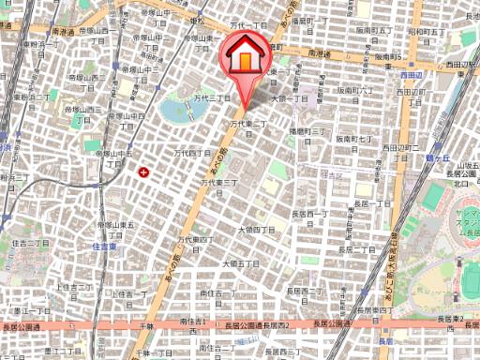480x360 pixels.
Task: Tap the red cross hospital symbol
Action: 143,172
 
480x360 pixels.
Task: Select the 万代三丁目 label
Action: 212,97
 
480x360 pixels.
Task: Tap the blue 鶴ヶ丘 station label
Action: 437,159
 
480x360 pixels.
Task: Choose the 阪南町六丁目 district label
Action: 356,91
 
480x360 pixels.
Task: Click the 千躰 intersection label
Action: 143,323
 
